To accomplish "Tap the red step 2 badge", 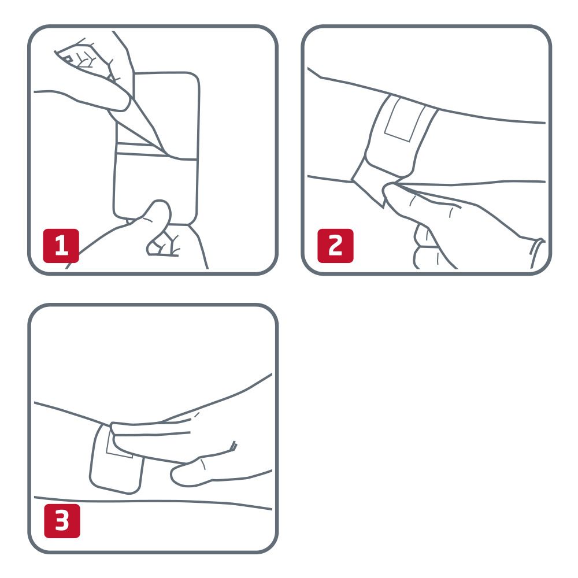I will (x=335, y=246).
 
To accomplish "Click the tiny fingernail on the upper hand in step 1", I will (x=68, y=59).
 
